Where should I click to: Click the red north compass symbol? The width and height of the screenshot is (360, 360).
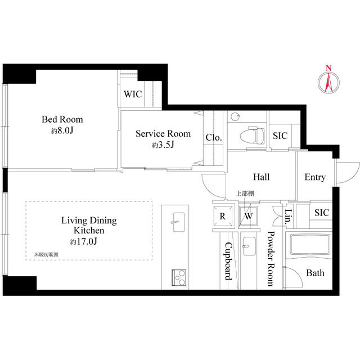click(328, 80)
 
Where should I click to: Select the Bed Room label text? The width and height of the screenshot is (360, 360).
click(62, 119)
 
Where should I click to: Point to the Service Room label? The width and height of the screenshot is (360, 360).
click(163, 134)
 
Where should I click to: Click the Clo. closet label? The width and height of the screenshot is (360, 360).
click(213, 137)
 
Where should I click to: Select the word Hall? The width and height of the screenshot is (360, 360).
click(261, 177)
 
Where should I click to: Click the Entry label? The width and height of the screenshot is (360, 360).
click(314, 177)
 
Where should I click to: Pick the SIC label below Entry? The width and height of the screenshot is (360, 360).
click(321, 213)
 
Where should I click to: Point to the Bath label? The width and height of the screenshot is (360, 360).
click(314, 273)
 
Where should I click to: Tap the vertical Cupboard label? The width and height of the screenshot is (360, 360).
click(228, 262)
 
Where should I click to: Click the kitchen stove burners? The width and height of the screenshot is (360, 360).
click(179, 277)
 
